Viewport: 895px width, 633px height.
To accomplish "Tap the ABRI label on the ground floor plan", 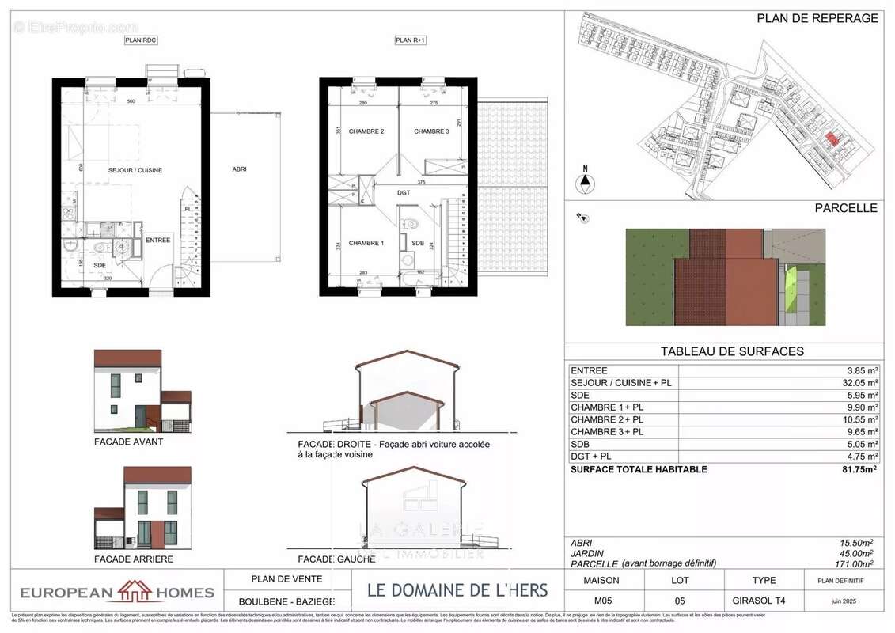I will [x=238, y=169].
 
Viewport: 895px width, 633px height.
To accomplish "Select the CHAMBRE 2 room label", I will [x=366, y=131].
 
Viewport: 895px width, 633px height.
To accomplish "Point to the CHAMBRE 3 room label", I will [x=431, y=131].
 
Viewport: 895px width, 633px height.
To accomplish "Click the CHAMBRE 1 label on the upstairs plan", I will [x=366, y=243].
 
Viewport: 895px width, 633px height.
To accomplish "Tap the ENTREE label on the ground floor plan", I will [x=158, y=240].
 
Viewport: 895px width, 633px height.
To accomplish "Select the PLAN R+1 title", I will [x=411, y=40].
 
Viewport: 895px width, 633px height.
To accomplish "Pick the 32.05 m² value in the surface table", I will [x=856, y=383].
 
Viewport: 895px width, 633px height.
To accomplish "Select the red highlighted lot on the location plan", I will [x=830, y=139].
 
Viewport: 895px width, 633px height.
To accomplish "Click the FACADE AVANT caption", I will [x=128, y=442].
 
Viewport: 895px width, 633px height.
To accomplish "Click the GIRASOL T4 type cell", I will [x=764, y=601].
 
